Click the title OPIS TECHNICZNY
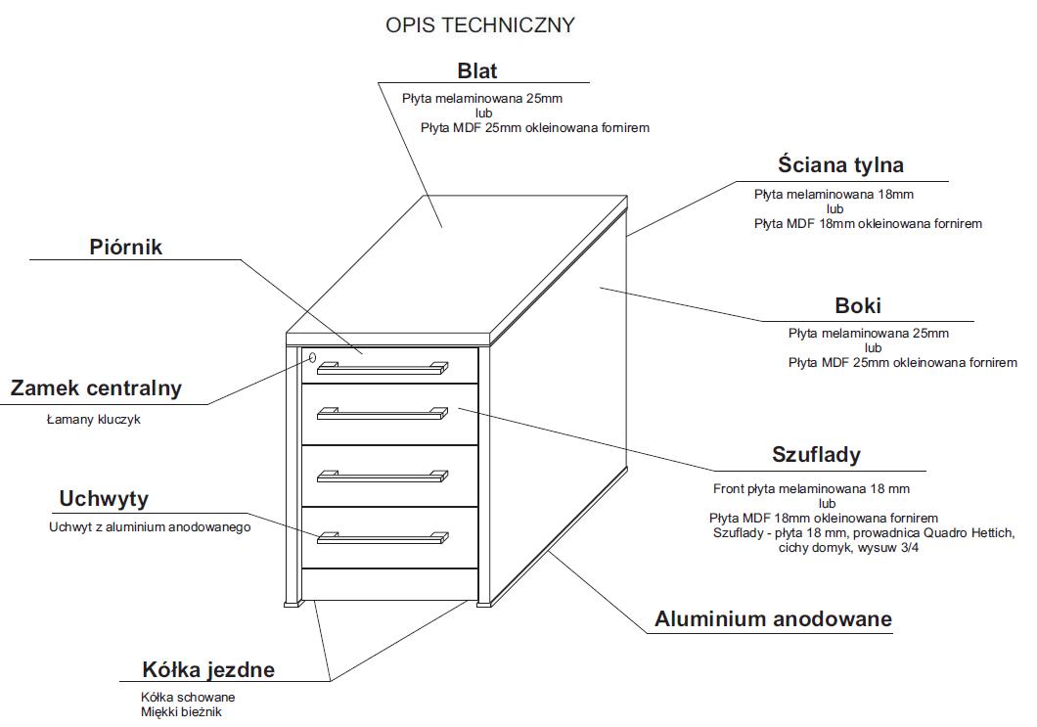click(x=480, y=25)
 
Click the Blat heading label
click(x=477, y=70)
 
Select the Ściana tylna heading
click(x=840, y=164)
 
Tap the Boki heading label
click(x=858, y=305)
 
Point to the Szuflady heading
click(x=816, y=454)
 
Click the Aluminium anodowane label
click(x=773, y=619)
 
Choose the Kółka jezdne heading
click(x=208, y=670)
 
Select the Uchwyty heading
click(x=104, y=499)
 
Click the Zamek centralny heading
click(x=96, y=387)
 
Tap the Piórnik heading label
click(x=126, y=247)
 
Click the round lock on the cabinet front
click(x=311, y=358)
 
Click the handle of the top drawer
click(x=382, y=368)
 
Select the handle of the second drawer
click(x=382, y=414)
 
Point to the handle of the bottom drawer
click(x=382, y=536)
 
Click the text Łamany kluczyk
click(x=94, y=420)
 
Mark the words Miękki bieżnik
click(x=181, y=712)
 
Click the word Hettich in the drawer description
click(x=990, y=532)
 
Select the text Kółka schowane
click(x=188, y=698)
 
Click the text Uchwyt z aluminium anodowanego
click(x=150, y=526)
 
